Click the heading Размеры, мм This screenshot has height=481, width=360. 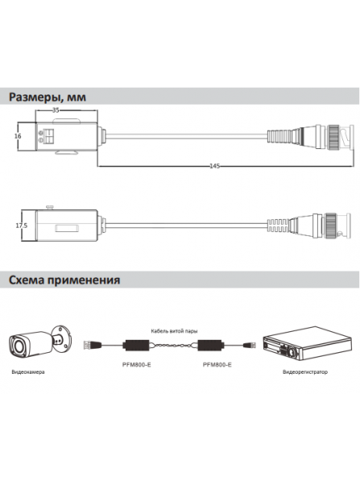coord(52,97)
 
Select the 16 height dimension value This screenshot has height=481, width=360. coord(18,137)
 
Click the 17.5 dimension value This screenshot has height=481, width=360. coord(22,204)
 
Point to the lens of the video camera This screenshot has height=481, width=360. coord(18,347)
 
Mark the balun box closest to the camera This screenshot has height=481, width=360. coord(133,345)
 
